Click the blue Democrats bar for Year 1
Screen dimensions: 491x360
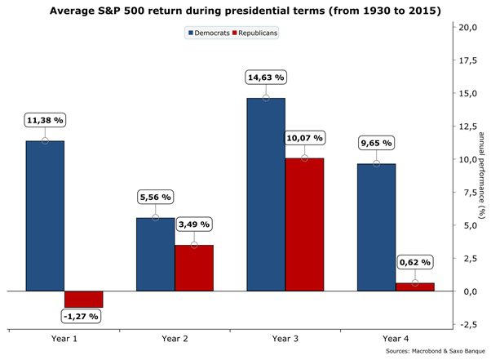click(45, 216)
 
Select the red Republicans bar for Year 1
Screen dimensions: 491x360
click(84, 300)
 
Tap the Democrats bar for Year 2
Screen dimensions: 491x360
click(155, 255)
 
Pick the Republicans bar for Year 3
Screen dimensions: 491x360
click(305, 224)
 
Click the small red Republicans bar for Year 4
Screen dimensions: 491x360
click(415, 287)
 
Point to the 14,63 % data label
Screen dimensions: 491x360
click(266, 78)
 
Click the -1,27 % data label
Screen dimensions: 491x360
click(81, 317)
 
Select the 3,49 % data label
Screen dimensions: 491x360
click(194, 224)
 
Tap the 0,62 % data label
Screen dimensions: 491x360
click(415, 262)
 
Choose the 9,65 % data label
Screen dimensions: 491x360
click(376, 143)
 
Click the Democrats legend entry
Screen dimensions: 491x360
click(209, 33)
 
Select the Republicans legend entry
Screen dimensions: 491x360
click(255, 33)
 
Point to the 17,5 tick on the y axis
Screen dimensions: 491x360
click(468, 60)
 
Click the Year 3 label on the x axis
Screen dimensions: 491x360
click(285, 339)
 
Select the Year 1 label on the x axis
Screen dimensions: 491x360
click(64, 339)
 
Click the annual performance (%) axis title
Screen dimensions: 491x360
click(481, 176)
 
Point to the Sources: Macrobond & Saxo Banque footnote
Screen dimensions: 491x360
click(436, 351)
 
